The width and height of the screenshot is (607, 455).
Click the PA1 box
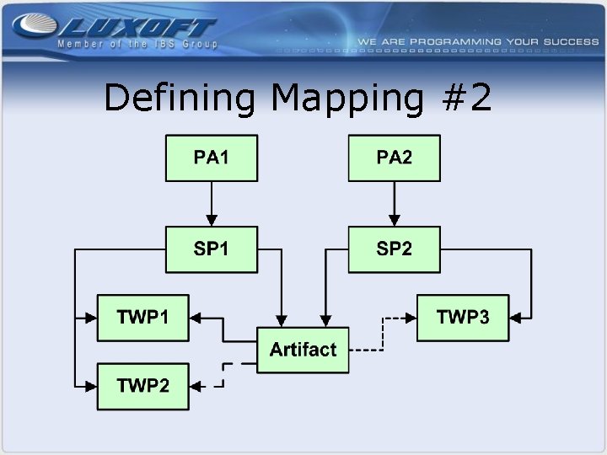[x=211, y=158]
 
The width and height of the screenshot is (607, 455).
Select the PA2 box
[x=395, y=158]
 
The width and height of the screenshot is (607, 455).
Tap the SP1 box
[x=211, y=249]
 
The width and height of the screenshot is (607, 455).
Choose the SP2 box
[x=395, y=249]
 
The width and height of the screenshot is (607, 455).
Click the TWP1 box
[x=142, y=318]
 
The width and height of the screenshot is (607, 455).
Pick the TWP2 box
[x=142, y=386]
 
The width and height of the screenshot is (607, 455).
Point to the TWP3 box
[x=463, y=318]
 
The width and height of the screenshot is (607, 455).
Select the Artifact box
[x=303, y=350]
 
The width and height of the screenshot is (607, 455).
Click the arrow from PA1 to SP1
[x=211, y=203]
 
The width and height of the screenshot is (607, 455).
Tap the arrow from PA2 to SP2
[x=395, y=203]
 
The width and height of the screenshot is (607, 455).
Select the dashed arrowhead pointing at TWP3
[x=411, y=318]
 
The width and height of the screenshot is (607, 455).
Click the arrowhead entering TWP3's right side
[x=515, y=318]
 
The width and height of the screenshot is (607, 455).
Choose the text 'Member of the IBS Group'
[x=137, y=44]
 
